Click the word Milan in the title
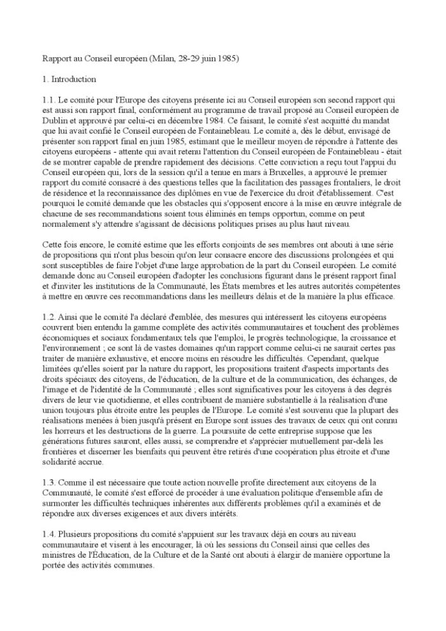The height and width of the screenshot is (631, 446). pos(161,59)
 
